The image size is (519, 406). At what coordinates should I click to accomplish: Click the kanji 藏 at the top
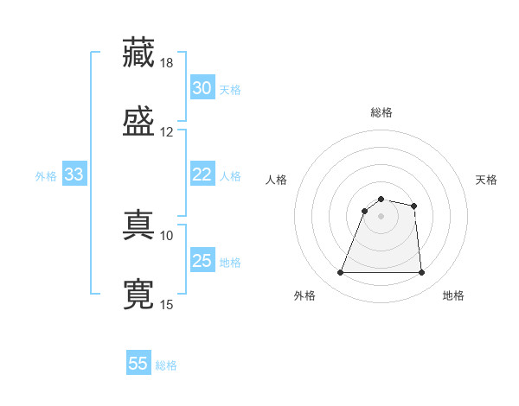139,53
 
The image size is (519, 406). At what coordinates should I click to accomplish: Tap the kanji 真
139,225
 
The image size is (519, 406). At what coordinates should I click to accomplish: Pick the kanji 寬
139,294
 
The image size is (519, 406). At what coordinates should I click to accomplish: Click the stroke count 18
167,63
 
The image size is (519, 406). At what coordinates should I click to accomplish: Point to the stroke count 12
167,132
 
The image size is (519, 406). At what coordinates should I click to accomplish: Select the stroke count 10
167,235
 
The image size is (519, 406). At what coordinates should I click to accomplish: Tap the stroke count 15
167,304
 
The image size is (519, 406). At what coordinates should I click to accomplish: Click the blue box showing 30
202,88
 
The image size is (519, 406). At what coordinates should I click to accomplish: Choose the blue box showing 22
202,175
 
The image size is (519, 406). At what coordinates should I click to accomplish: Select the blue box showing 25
202,261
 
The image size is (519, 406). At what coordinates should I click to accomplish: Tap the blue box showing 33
74,175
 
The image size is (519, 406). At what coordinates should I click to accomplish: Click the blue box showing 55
138,364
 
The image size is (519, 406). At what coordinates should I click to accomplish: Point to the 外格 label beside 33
46,176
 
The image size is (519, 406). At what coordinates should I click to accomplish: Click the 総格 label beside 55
166,365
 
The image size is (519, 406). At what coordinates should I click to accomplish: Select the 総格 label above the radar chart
381,112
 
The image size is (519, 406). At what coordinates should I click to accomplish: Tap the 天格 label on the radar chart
486,180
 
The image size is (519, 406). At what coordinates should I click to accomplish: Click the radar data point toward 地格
421,273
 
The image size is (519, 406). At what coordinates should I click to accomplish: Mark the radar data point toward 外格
341,273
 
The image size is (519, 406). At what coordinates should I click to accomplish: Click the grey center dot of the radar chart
381,216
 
